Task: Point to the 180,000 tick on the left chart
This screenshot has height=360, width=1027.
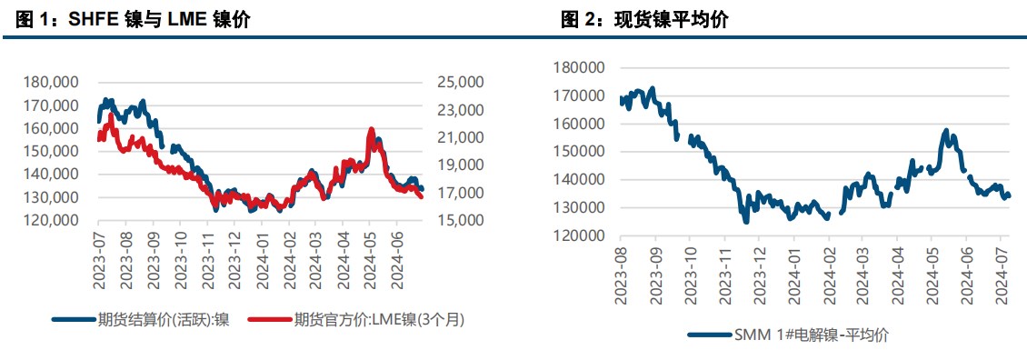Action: coord(50,82)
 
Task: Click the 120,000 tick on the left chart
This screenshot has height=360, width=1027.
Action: coord(50,220)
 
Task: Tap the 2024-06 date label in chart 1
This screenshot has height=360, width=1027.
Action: coord(394,261)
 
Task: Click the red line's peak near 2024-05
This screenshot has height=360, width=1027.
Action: coord(371,130)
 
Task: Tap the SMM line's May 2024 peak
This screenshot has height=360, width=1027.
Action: coord(946,131)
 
